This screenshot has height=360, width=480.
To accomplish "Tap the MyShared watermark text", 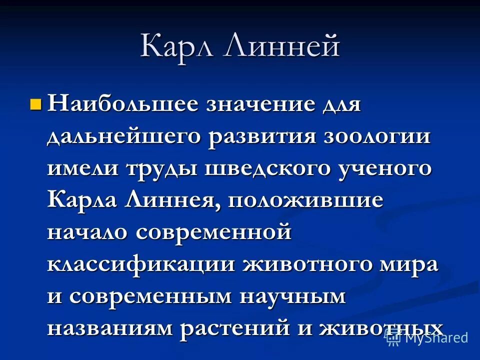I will tap(436, 337).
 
